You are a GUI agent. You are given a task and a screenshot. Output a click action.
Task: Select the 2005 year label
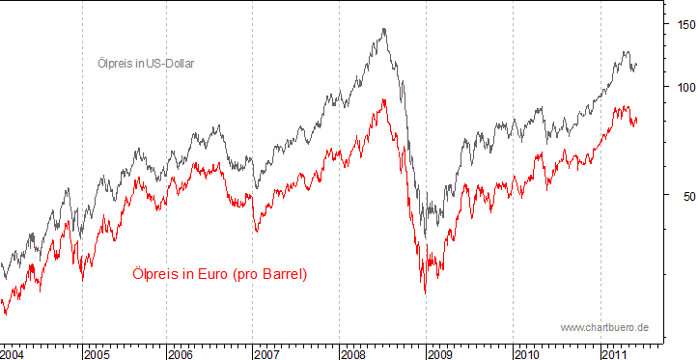click(97, 354)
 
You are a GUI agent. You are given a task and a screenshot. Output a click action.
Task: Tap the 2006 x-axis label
click(181, 354)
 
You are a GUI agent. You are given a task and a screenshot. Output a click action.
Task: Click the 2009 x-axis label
click(439, 354)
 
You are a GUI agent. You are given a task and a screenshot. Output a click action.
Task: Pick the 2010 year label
click(526, 354)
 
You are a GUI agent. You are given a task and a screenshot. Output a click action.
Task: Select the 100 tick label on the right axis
click(683, 87)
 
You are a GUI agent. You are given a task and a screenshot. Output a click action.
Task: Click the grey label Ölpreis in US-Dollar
click(153, 64)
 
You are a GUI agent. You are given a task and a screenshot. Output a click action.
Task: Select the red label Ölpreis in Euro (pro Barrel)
click(218, 275)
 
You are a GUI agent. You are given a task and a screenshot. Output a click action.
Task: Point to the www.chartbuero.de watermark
click(604, 328)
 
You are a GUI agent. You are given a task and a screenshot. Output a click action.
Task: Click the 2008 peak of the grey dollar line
click(384, 29)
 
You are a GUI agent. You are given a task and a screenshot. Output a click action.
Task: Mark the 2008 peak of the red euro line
click(384, 99)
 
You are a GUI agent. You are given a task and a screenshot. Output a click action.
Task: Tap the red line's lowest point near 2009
click(424, 292)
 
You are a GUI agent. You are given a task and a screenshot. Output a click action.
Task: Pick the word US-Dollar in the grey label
click(178, 64)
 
